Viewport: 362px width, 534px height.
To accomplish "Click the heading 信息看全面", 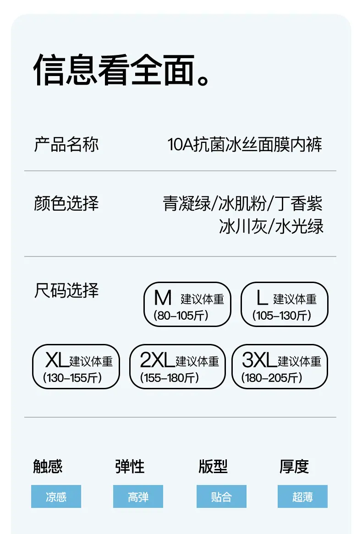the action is pyautogui.click(x=121, y=70).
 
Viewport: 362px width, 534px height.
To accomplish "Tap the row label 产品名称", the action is pyautogui.click(x=66, y=144).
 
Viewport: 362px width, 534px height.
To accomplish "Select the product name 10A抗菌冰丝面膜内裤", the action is pyautogui.click(x=245, y=144).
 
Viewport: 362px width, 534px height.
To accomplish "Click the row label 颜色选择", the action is pyautogui.click(x=66, y=203).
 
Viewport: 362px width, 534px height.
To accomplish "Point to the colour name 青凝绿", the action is pyautogui.click(x=187, y=204).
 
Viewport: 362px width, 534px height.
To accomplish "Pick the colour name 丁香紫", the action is pyautogui.click(x=298, y=204).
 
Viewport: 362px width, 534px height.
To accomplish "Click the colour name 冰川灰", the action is pyautogui.click(x=243, y=227).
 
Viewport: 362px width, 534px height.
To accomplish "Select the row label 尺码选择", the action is pyautogui.click(x=66, y=290).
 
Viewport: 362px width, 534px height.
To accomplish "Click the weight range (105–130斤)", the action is pyautogui.click(x=281, y=316).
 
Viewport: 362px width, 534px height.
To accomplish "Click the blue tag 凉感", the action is pyautogui.click(x=56, y=496).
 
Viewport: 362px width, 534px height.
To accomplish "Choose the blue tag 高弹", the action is pyautogui.click(x=138, y=496).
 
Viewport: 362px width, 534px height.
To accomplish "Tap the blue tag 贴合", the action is pyautogui.click(x=222, y=496).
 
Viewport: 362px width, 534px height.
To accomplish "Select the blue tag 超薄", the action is pyautogui.click(x=303, y=496).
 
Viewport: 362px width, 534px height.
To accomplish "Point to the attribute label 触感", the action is pyautogui.click(x=48, y=467).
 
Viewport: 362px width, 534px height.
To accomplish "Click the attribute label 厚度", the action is pyautogui.click(x=294, y=467).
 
